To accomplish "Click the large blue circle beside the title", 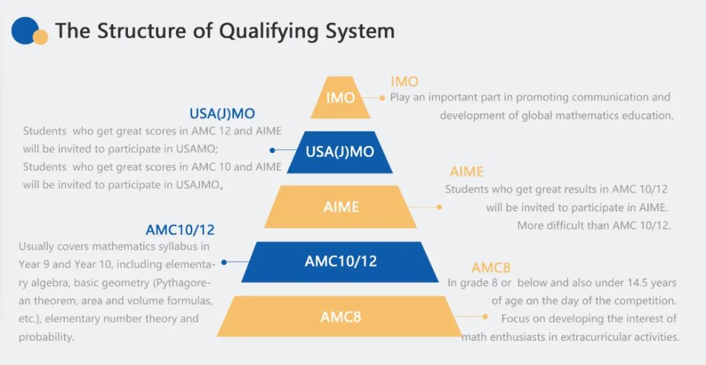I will point(25,30).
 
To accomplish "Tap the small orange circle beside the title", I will point(41,37).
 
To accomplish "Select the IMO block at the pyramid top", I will point(341,98).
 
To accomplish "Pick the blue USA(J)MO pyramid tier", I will point(340,152).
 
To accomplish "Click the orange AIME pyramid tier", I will point(341,207).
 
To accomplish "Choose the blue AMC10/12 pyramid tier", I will point(341,262).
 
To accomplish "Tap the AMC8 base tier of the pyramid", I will point(341,317).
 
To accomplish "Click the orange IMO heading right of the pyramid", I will point(404,82).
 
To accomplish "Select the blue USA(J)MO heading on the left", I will point(222,114).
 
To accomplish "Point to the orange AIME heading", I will point(467,172).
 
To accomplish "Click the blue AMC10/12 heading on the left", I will point(180,230).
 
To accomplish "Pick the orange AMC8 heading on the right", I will point(491,268).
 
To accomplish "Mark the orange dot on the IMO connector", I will point(382,97).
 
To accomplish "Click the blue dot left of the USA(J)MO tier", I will point(273,150).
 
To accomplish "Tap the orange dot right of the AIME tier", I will point(439,207).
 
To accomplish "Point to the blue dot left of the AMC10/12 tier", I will point(224,262).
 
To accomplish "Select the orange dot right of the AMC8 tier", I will point(485,317).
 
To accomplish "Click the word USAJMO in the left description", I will point(199,185).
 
